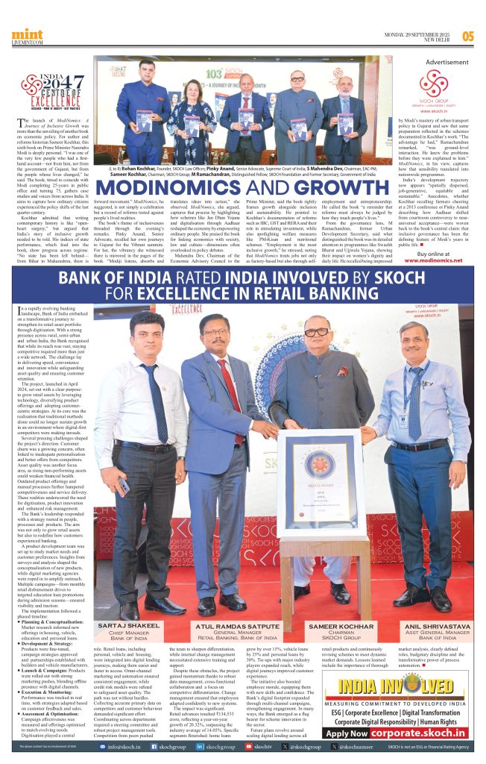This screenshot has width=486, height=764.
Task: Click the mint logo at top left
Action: click(x=26, y=36)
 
